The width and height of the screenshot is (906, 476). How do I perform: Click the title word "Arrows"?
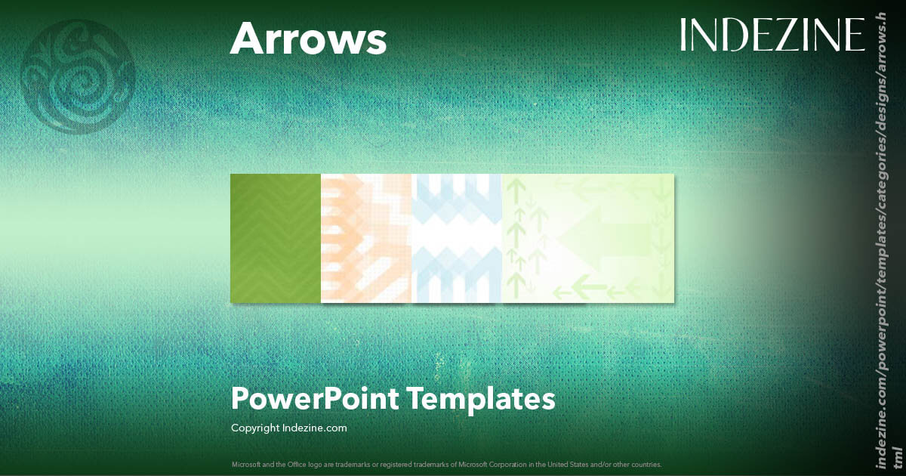308,38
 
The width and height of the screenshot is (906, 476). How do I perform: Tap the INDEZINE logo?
772,35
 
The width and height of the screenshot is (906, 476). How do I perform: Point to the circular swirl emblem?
78,78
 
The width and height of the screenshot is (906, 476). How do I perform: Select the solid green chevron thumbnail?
276,238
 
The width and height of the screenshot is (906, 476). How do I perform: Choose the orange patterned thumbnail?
366,238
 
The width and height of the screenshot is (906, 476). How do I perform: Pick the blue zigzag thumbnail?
457,238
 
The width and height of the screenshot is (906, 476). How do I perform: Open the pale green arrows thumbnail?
588,238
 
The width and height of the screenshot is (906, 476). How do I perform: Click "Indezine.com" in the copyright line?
315,428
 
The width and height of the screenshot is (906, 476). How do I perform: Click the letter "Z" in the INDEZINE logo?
781,35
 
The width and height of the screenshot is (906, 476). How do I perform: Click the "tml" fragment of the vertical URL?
897,455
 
